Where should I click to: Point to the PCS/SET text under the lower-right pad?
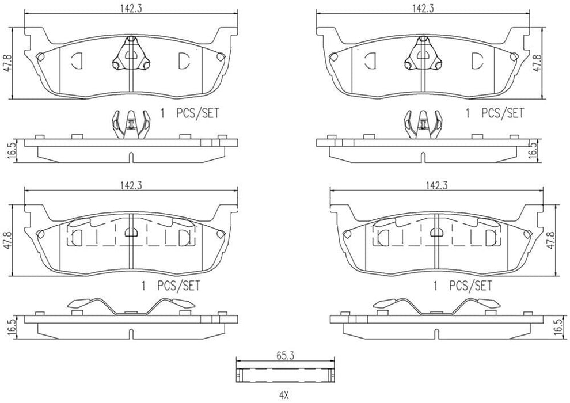pyautogui.click(x=470, y=285)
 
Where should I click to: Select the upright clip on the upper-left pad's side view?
pyautogui.click(x=131, y=124)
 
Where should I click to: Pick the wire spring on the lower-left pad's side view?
pyautogui.click(x=131, y=307)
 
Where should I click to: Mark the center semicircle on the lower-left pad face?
pyautogui.click(x=132, y=232)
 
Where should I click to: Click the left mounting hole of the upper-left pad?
pyautogui.click(x=40, y=56)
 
